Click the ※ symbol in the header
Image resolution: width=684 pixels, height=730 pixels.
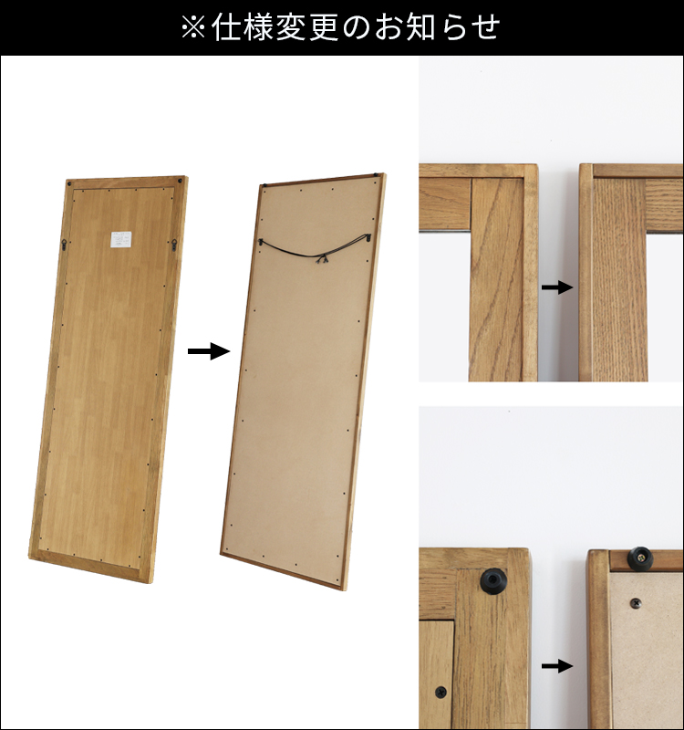pyautogui.click(x=194, y=27)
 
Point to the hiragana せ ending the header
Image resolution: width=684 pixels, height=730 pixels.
pyautogui.click(x=484, y=27)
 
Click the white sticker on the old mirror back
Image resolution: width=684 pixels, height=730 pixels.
pyautogui.click(x=121, y=239)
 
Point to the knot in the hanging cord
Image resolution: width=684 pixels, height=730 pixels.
pyautogui.click(x=319, y=261)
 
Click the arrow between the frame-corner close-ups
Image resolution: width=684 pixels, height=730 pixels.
pyautogui.click(x=556, y=287)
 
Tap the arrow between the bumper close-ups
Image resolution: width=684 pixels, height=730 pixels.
pyautogui.click(x=556, y=666)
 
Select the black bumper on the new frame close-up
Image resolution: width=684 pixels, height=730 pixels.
pyautogui.click(x=641, y=556)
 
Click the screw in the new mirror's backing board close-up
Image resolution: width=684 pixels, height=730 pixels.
pyautogui.click(x=635, y=603)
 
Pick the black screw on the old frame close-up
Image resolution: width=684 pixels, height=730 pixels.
pyautogui.click(x=441, y=693)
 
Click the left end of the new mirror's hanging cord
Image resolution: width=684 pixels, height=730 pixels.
pyautogui.click(x=261, y=241)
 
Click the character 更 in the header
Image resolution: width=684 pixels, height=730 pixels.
pyautogui.click(x=326, y=27)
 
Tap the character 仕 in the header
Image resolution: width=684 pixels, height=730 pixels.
pyautogui.click(x=226, y=27)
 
